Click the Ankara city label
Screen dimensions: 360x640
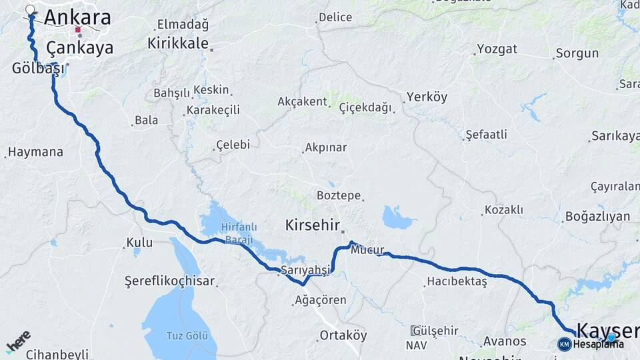coord(77,17)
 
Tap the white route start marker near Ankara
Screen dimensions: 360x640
coord(30,10)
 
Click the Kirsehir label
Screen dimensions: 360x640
coord(313,225)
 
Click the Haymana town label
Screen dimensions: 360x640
coord(36,152)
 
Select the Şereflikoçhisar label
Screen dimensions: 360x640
coord(169,281)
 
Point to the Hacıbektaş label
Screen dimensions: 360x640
coord(457,282)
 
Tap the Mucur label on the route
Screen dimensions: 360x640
coord(367,251)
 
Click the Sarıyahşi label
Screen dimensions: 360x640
coord(305,270)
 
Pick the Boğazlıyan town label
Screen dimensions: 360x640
coord(597,216)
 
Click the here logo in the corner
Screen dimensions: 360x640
coord(18,342)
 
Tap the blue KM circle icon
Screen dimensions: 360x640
coord(565,344)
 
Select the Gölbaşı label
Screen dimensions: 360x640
coord(38,68)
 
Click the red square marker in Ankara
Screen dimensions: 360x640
coord(79,29)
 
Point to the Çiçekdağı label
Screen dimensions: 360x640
coord(365,107)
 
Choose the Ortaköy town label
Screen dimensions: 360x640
coord(343,335)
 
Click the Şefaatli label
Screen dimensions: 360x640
coord(486,135)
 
